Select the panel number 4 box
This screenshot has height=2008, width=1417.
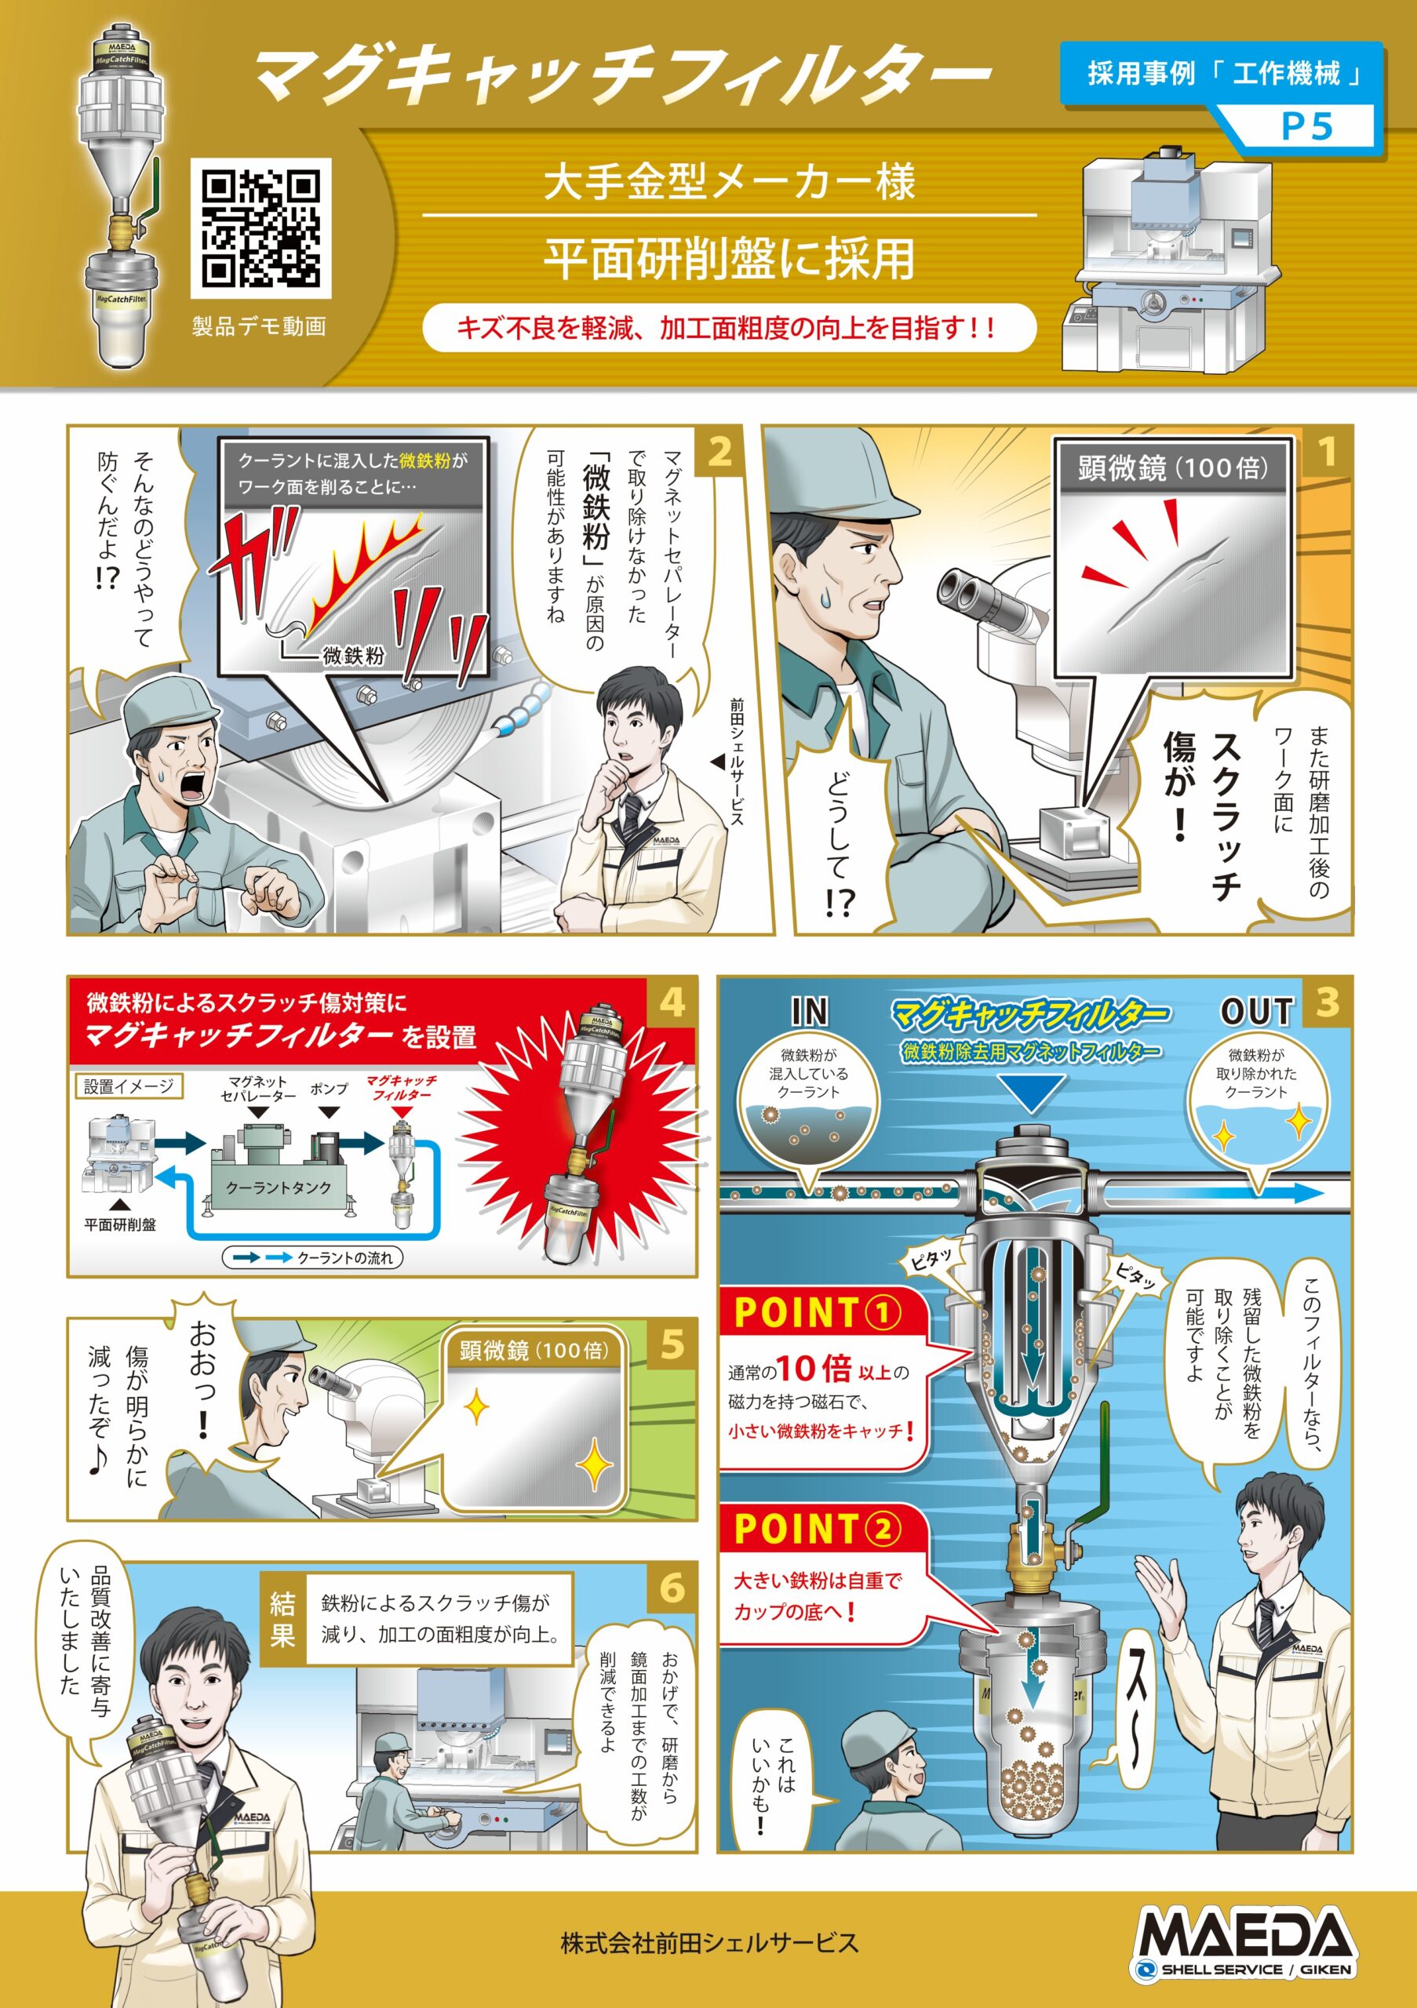pos(672,1002)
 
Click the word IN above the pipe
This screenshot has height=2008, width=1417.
pos(809,1012)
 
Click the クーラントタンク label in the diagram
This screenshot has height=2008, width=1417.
pos(279,1188)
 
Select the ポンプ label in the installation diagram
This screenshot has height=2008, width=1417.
pos(329,1089)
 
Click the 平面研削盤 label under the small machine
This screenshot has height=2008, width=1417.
pos(120,1225)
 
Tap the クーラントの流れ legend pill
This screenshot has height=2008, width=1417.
pos(312,1257)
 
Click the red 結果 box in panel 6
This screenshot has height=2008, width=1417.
pos(282,1618)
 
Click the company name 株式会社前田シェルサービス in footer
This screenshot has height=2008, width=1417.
pos(708,1943)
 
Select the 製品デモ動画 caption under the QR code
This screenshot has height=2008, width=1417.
pos(259,326)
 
